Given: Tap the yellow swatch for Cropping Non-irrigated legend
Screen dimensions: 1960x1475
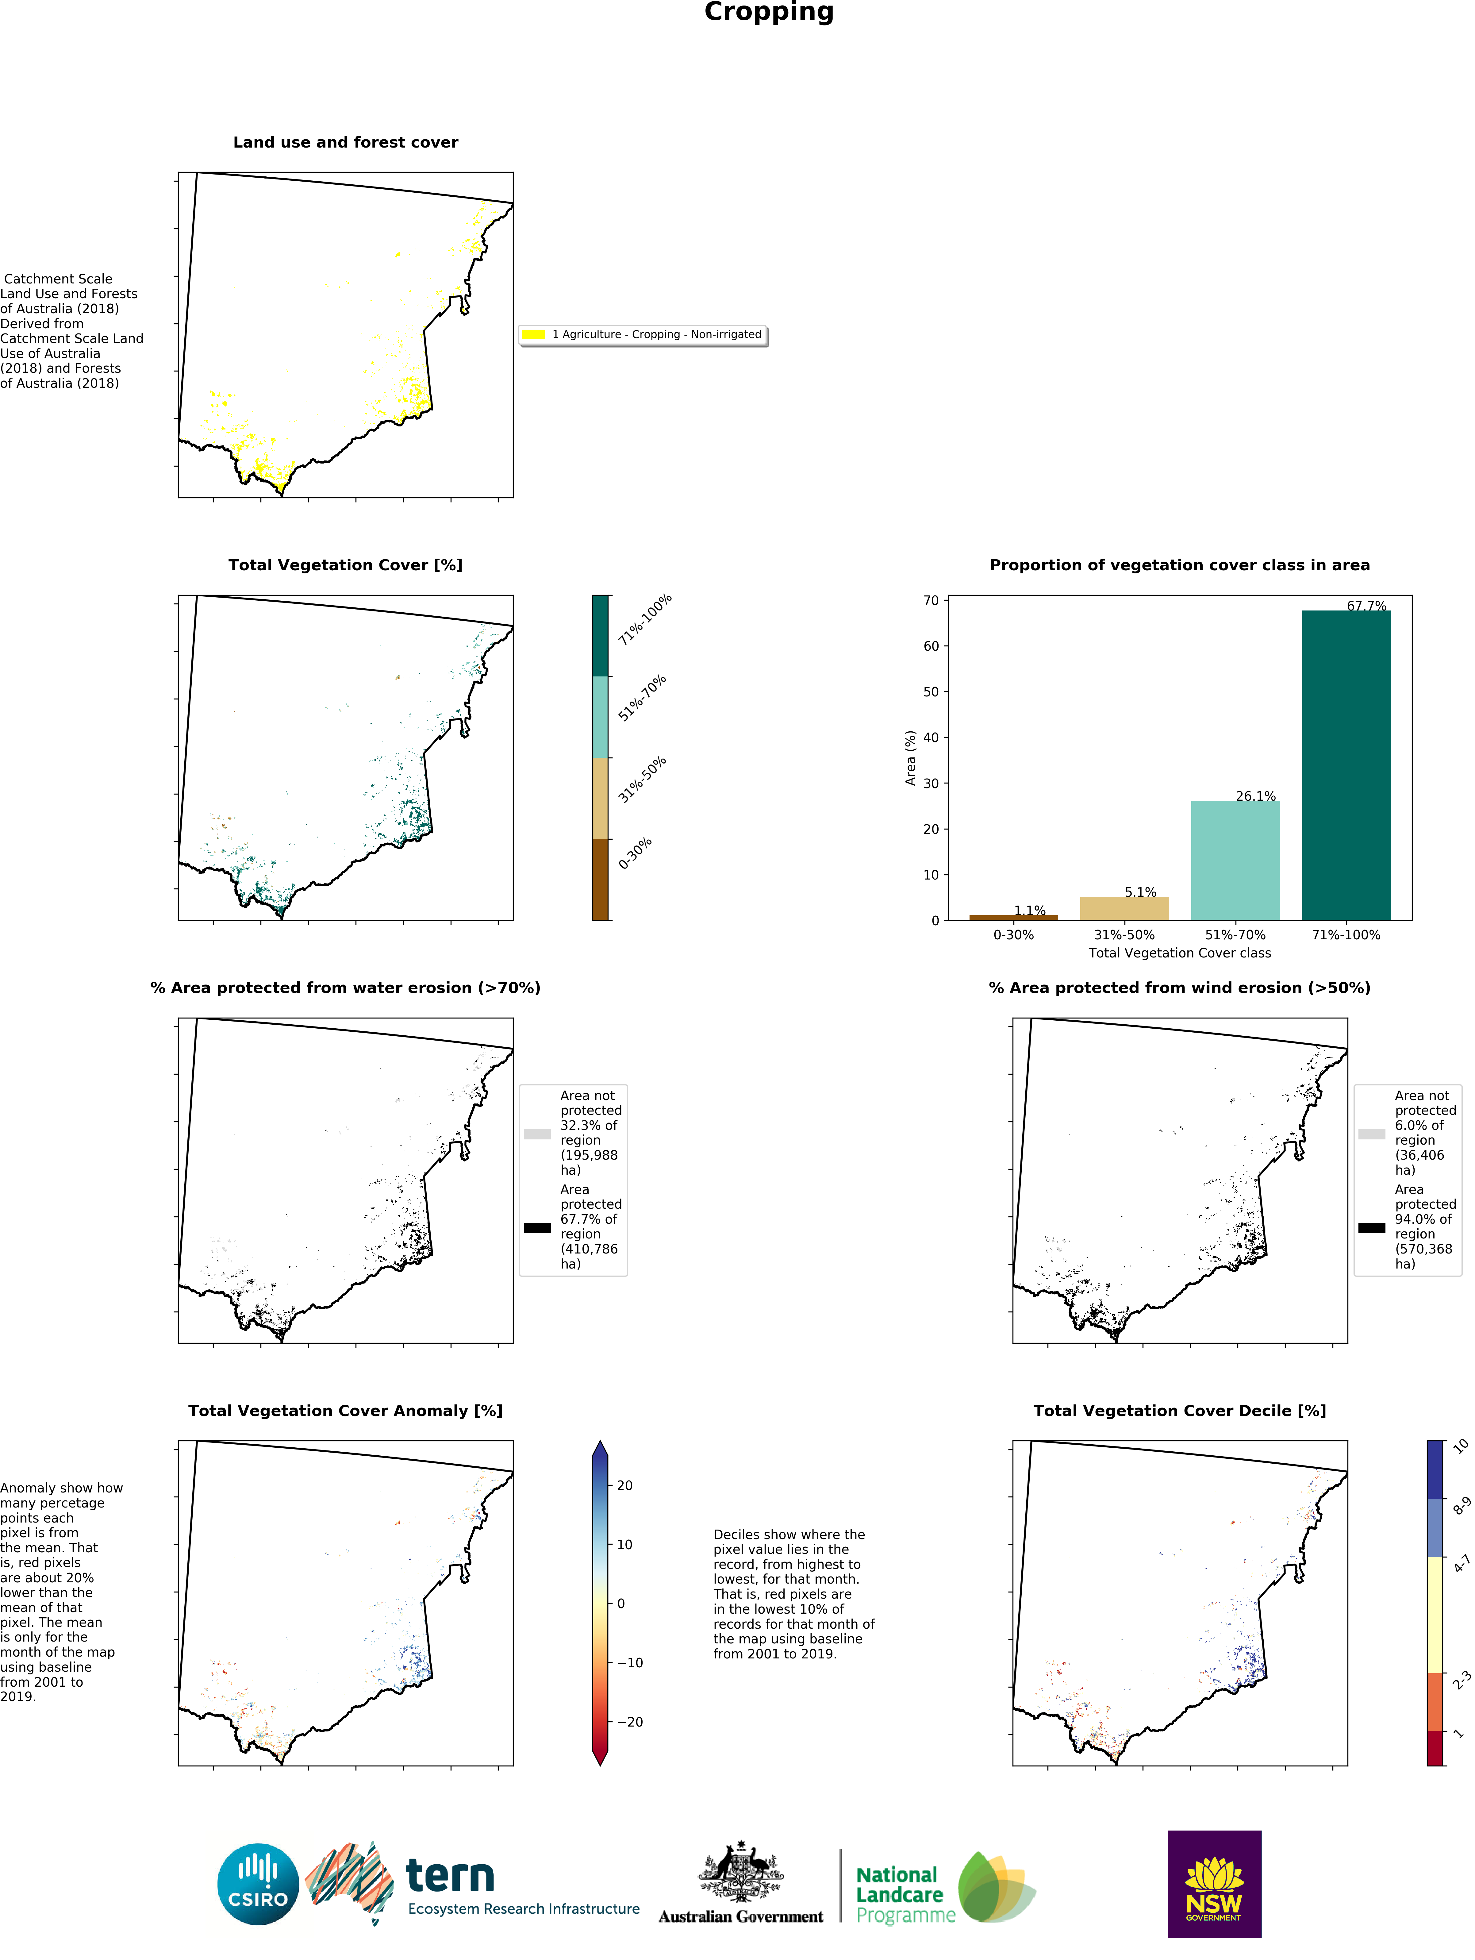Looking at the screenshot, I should click(533, 334).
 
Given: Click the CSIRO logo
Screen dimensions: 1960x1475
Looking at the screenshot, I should click(258, 1884).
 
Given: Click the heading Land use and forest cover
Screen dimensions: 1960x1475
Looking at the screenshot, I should click(345, 143).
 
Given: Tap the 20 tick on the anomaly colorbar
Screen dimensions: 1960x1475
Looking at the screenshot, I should click(624, 1485).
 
